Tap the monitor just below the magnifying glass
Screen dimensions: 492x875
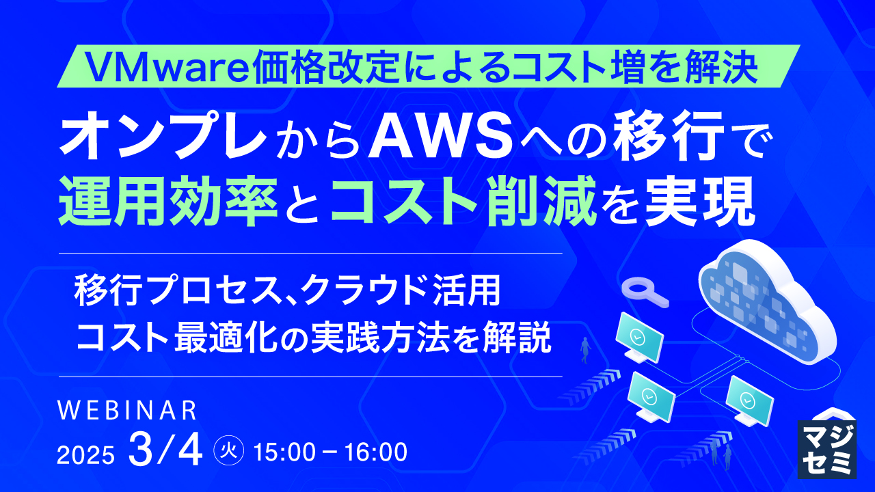click(x=638, y=338)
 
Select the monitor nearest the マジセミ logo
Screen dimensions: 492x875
click(x=749, y=401)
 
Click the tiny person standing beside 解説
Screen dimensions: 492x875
click(x=584, y=350)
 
